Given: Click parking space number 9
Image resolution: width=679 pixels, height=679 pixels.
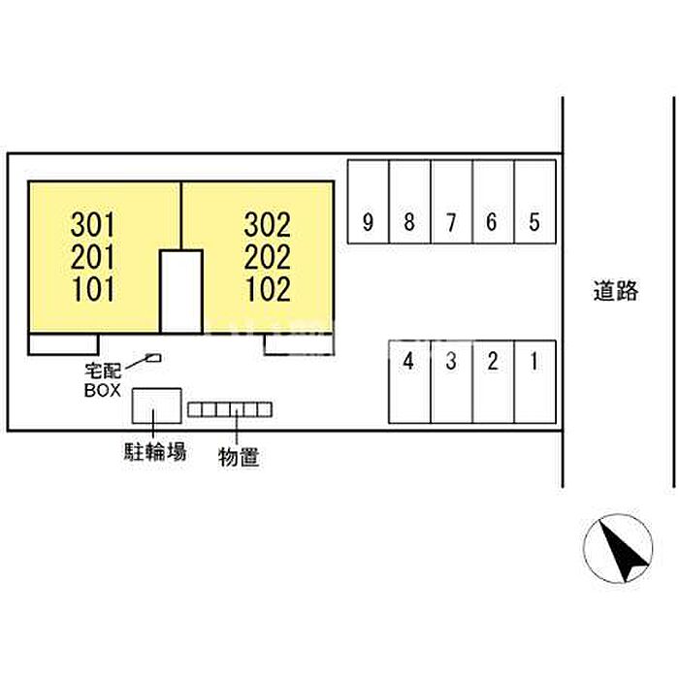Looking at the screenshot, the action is (368, 202).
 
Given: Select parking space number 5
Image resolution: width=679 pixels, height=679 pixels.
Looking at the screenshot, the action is (535, 202).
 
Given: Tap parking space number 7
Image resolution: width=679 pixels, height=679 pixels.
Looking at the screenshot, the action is (452, 202).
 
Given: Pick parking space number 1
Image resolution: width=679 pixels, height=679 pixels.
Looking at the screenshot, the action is (535, 381).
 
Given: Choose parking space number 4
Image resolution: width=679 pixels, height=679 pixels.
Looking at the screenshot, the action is (409, 381).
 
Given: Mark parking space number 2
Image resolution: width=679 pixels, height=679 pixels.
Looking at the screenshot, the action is (494, 381).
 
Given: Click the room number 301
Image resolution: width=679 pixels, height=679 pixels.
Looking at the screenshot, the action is (93, 225).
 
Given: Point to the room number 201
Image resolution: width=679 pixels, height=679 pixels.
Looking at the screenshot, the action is (93, 257).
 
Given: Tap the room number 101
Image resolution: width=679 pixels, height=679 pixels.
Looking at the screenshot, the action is (93, 289).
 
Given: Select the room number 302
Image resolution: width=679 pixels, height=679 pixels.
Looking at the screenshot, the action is (267, 225).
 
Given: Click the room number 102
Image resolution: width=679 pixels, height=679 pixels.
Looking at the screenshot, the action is (268, 289).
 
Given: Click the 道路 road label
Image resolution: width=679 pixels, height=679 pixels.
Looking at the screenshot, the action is (615, 291).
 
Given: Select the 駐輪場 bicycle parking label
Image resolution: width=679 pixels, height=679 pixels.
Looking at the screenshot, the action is (155, 451).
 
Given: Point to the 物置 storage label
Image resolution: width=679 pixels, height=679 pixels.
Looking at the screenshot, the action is (239, 457).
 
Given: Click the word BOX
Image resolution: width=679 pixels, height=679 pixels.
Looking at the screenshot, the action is (103, 390).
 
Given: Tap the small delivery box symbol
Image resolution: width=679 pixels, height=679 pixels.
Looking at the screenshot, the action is (153, 358).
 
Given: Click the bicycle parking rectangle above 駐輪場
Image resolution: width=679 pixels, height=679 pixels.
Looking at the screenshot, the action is (157, 405).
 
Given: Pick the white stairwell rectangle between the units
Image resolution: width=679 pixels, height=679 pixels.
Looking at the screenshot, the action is (181, 291).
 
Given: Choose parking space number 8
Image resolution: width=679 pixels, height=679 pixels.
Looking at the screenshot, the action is (409, 202).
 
